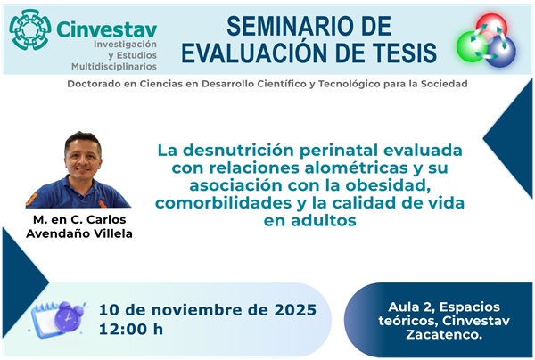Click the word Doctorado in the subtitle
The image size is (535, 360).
[x=102, y=84]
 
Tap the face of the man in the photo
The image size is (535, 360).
[x=80, y=156]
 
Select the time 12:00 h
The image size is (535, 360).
[x=131, y=329]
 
